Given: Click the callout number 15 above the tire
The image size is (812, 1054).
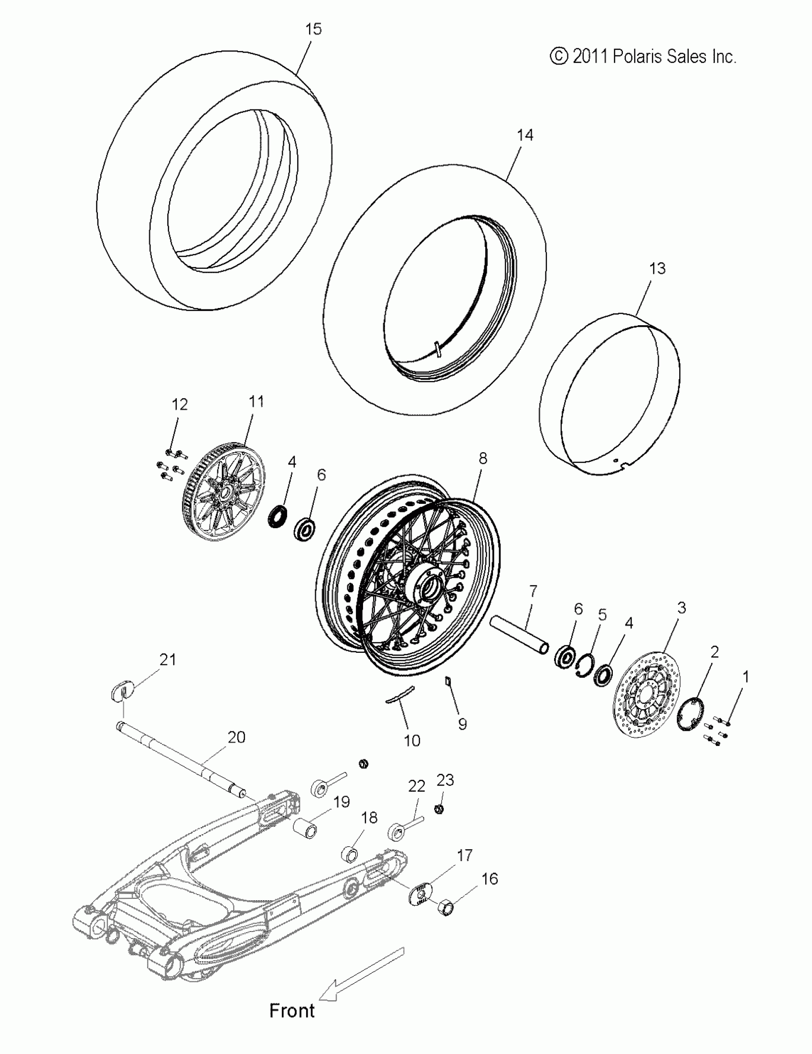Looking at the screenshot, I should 313,30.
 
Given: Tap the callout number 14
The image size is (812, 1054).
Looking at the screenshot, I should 525,135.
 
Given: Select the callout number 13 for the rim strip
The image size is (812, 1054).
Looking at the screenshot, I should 658,268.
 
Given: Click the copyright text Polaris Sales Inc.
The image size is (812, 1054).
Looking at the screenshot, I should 643,57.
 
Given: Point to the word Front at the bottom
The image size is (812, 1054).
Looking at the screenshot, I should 291,1010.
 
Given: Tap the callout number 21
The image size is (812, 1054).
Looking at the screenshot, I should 168,659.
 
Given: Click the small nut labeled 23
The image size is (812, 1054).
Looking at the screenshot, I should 440,809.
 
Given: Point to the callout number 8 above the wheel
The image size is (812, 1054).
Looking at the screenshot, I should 483,458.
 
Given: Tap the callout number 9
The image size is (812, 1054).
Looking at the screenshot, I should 462,724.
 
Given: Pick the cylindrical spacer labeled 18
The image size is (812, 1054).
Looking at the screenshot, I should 351,855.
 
